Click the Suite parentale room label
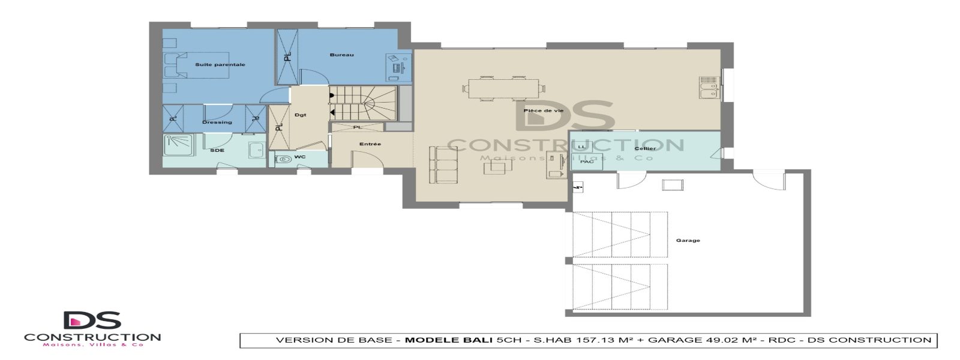point(220,65)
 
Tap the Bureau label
point(341,55)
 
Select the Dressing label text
point(217,122)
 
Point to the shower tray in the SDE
point(178,146)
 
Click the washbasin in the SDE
point(257,151)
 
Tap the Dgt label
point(301,115)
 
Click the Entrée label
point(370,144)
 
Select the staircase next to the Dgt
point(362,103)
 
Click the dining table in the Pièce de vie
point(503,89)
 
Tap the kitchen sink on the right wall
point(709,88)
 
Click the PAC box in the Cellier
point(587,161)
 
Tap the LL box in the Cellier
point(581,147)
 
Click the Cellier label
point(645,148)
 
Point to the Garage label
point(688,241)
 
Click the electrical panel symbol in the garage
point(578,188)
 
